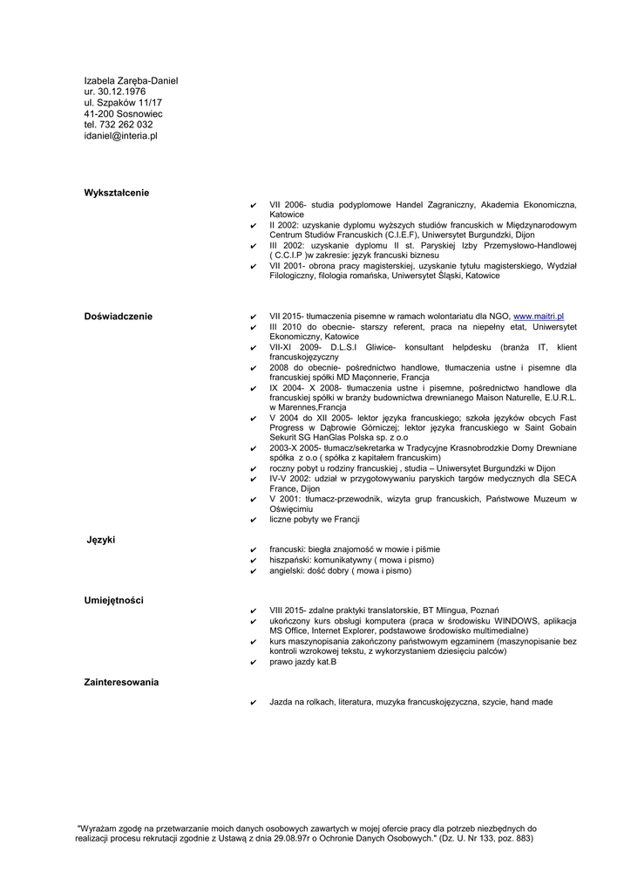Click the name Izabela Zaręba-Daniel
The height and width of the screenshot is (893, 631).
click(x=131, y=81)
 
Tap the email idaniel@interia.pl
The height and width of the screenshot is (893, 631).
click(x=120, y=136)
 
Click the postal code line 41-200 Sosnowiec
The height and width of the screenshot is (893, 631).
click(x=123, y=114)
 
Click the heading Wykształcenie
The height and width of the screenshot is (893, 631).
click(x=117, y=192)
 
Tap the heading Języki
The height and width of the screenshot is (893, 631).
click(x=101, y=541)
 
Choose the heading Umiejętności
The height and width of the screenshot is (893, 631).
click(x=114, y=601)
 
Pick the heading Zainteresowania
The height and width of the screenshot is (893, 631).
click(x=121, y=682)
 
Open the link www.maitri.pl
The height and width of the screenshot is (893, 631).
click(x=539, y=316)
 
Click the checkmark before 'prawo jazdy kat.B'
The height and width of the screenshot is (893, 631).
click(x=253, y=663)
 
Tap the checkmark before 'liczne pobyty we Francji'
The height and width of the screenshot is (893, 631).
click(x=253, y=521)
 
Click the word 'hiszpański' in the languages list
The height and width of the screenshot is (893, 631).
click(x=289, y=560)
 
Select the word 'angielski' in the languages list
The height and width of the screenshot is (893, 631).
click(x=288, y=571)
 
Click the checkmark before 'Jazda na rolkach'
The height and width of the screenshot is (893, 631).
click(x=253, y=702)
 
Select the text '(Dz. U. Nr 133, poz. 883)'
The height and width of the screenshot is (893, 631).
click(x=485, y=839)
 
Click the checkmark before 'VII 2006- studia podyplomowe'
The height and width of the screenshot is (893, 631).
click(x=253, y=205)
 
